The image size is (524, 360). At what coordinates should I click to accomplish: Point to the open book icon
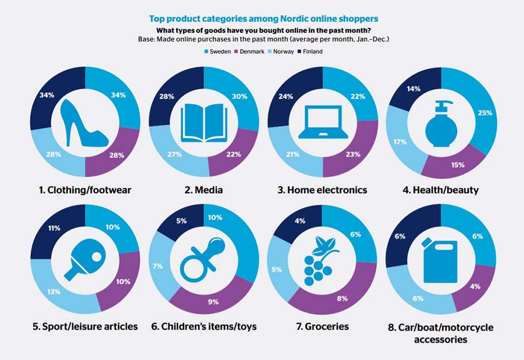tap(204, 122)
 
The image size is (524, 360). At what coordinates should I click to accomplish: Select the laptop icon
tap(323, 122)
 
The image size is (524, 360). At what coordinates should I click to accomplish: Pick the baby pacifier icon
tap(204, 259)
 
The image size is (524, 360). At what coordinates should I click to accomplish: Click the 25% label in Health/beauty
tap(484, 113)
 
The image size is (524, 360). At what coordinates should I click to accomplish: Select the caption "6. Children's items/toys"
tap(204, 327)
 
